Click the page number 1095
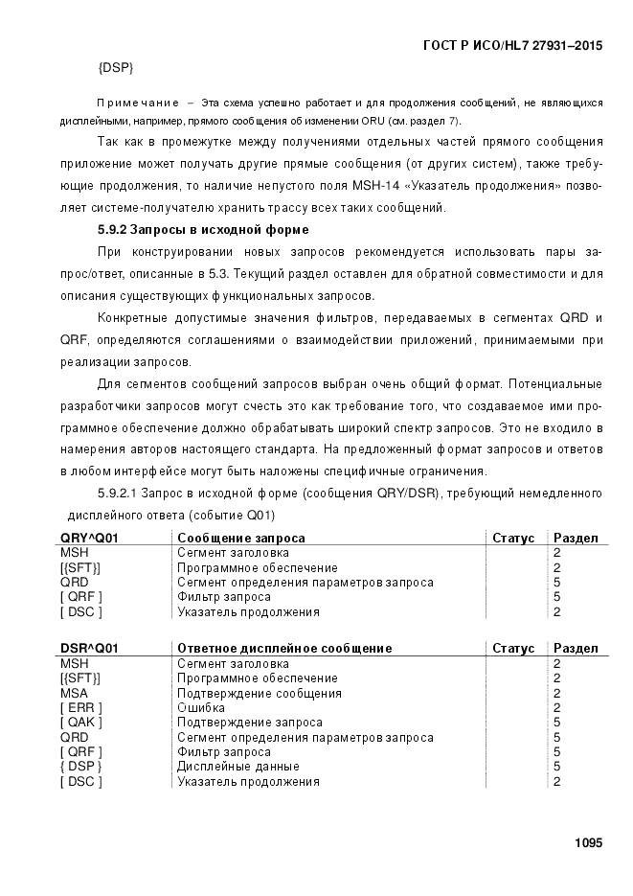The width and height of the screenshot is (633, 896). (x=588, y=843)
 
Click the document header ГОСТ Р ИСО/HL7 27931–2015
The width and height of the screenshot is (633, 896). (x=512, y=45)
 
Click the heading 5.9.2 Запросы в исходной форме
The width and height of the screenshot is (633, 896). (x=203, y=230)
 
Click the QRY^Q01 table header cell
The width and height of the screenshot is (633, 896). (x=89, y=539)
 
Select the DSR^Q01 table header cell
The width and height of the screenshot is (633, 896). (x=89, y=649)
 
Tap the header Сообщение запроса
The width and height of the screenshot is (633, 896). (x=241, y=539)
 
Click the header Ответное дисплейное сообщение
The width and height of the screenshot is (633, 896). (x=284, y=649)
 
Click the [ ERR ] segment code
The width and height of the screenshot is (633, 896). (x=80, y=708)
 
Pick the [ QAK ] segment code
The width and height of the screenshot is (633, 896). (x=81, y=723)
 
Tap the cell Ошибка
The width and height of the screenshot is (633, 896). (x=201, y=708)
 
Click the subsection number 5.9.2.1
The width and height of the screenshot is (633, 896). (x=120, y=494)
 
